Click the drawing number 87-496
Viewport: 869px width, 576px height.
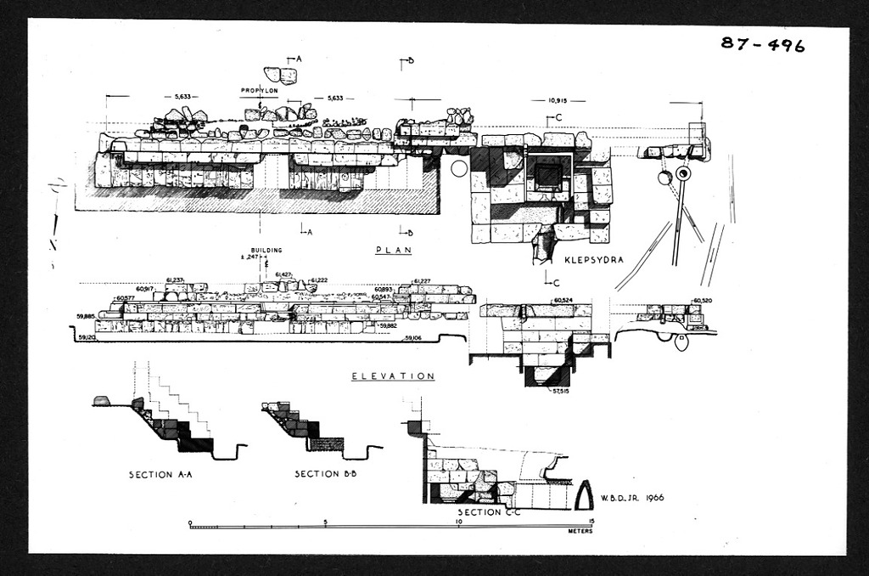pos(762,44)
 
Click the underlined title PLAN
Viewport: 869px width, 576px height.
pos(393,251)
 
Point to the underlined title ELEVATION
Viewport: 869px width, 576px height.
pos(393,376)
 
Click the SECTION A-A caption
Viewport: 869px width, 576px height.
pos(161,474)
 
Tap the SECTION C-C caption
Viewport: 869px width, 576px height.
pos(490,513)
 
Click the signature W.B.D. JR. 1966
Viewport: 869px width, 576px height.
pos(631,498)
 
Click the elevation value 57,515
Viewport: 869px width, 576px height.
pos(560,391)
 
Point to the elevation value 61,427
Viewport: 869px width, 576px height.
pos(285,274)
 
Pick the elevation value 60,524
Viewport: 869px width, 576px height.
pos(563,300)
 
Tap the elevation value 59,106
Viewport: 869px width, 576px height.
pos(413,338)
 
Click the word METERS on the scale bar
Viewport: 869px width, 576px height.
pos(580,531)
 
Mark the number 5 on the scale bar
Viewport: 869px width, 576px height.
pos(325,522)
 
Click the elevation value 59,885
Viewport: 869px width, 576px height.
pos(86,316)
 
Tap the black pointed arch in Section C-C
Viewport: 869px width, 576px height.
pos(584,494)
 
